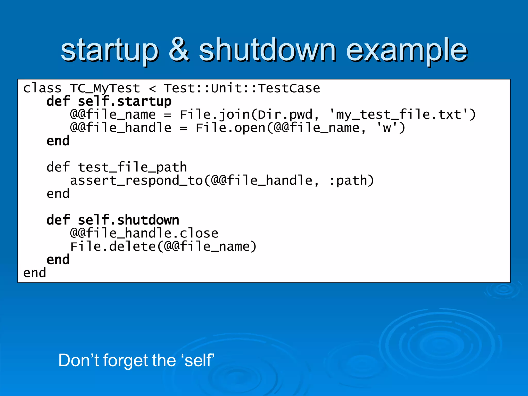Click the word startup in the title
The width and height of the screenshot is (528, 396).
[x=110, y=50]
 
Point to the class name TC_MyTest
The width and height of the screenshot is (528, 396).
[x=105, y=88]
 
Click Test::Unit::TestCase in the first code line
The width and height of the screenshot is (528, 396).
[x=242, y=88]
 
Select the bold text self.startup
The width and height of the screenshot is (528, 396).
[x=125, y=101]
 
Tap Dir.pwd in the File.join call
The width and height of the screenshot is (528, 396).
[x=285, y=115]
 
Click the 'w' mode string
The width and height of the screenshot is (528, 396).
[x=387, y=128]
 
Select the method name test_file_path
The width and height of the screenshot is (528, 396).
[x=132, y=167]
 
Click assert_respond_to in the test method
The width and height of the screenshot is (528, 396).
[x=137, y=180]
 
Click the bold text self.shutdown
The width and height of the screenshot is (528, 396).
[x=128, y=220]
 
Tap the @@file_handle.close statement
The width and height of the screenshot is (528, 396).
[x=144, y=233]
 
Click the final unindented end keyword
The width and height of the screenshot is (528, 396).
[x=35, y=273]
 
